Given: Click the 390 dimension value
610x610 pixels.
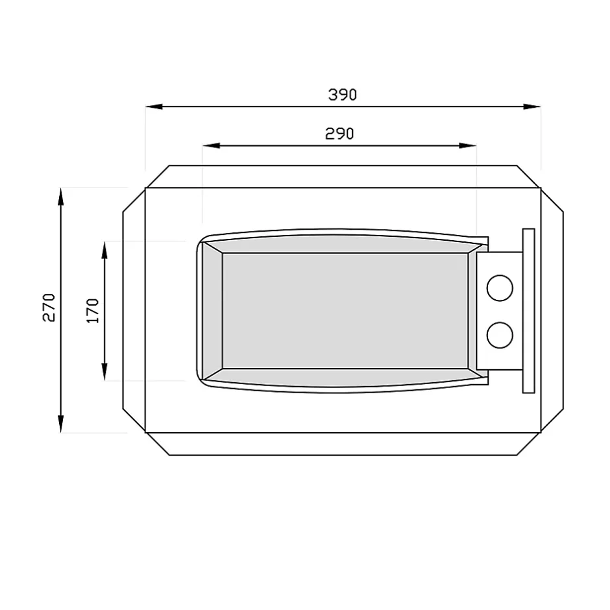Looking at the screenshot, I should (x=342, y=95).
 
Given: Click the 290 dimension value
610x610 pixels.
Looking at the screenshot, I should (x=339, y=134).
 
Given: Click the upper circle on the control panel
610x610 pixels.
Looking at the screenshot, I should (x=500, y=287).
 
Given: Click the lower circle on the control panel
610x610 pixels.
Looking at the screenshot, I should (x=500, y=334).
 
